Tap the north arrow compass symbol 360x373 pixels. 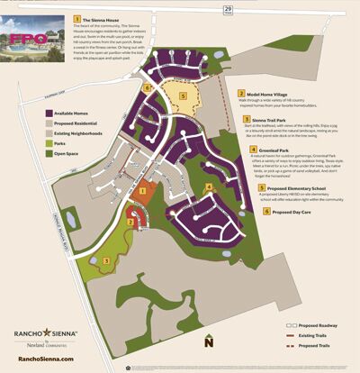[208, 341]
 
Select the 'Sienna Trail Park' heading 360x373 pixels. [271, 119]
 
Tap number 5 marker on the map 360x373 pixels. [184, 95]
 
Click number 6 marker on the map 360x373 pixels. [148, 88]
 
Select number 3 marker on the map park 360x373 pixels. [108, 260]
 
